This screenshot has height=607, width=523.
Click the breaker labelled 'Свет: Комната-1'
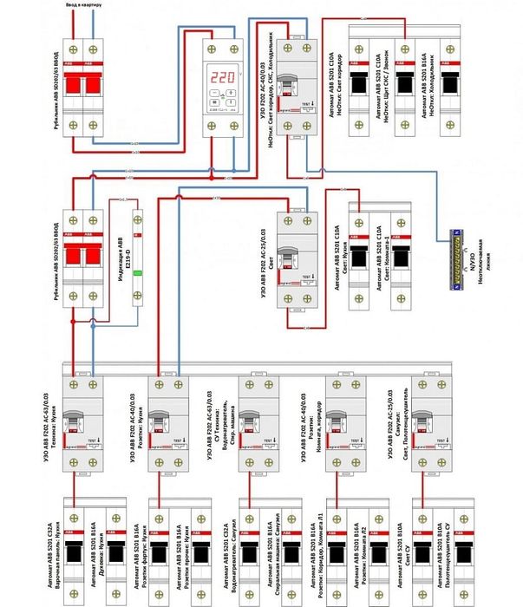pyautogui.click(x=402, y=260)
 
